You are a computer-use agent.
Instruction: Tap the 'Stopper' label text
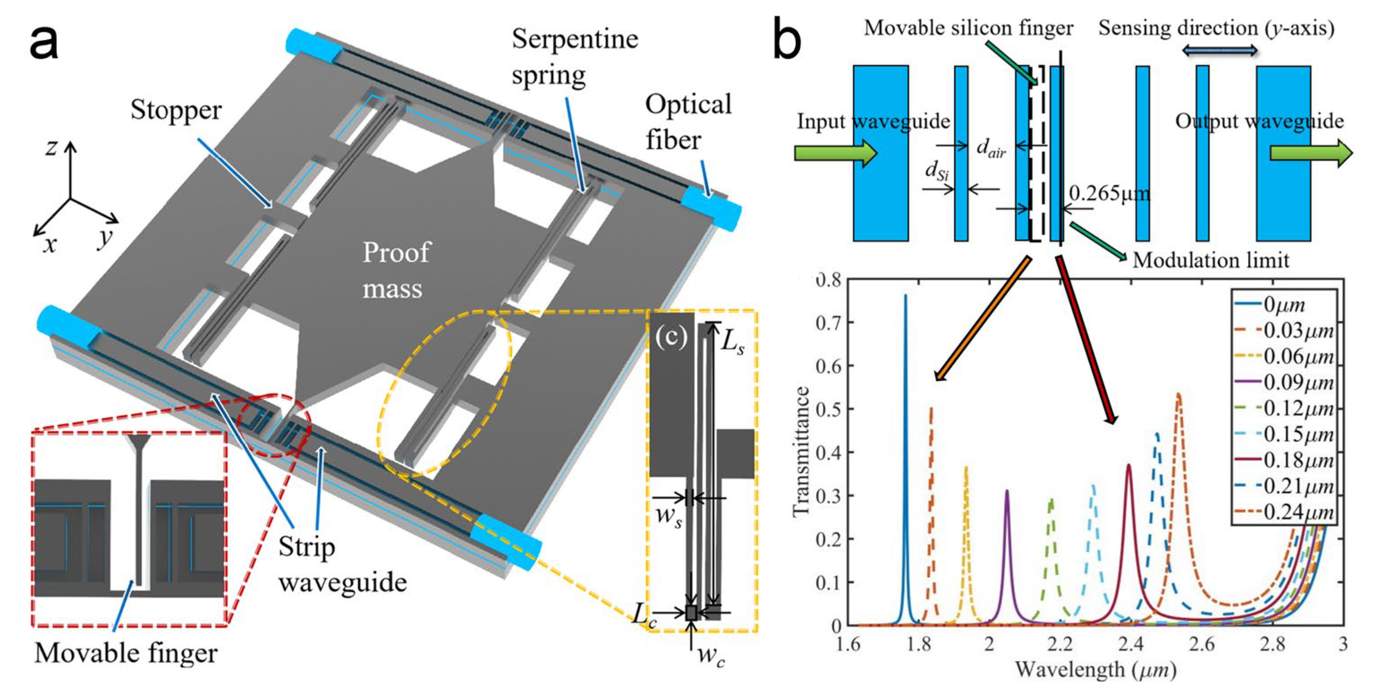coord(176,110)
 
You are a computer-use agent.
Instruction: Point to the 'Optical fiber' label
coord(688,122)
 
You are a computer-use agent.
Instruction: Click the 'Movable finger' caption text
coord(126,652)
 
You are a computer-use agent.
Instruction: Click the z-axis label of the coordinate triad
coord(51,146)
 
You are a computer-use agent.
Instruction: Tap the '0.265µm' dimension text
coord(1109,193)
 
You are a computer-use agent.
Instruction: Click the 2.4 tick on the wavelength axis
coord(1131,644)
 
